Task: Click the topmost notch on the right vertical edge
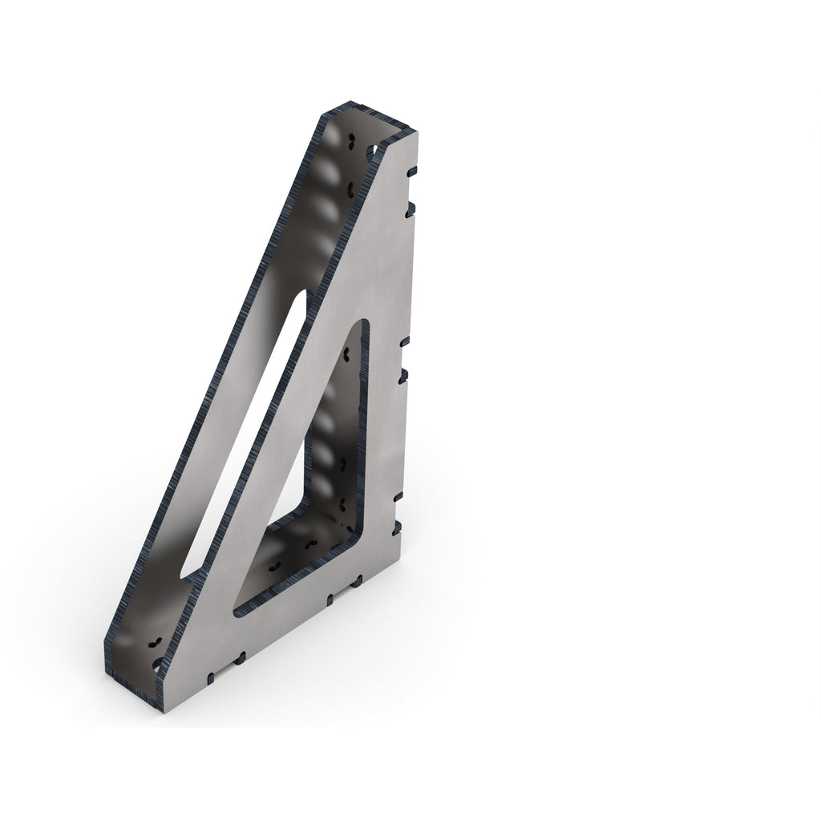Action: [x=412, y=171]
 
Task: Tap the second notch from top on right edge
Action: [x=410, y=206]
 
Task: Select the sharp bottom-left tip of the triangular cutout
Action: [x=239, y=611]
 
